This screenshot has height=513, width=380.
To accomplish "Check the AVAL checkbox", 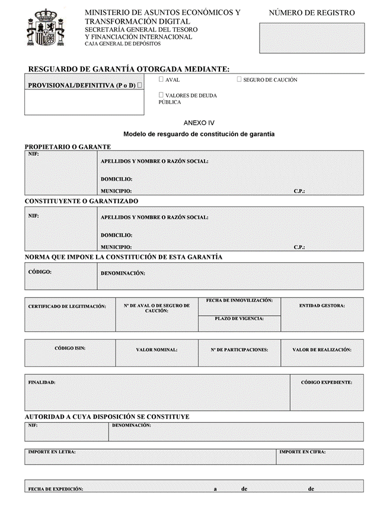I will pos(161,79).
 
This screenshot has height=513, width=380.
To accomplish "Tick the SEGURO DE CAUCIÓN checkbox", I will pos(239,79).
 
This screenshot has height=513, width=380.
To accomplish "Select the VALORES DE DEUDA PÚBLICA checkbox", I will pos(161,95).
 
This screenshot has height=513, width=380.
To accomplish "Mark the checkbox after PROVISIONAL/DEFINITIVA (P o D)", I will pos(139,85).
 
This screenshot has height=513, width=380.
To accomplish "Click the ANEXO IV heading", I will pos(199,123).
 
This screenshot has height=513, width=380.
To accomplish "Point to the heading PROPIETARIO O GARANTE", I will pos(68,146).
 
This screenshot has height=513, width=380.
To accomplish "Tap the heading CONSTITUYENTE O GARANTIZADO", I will pos(81,201).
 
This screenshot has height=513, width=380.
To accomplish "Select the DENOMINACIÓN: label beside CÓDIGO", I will pos(123,273).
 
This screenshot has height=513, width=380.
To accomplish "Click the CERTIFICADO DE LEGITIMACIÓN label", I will pos(67,306).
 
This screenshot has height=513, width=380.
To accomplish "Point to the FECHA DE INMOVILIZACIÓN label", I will pos(239,301).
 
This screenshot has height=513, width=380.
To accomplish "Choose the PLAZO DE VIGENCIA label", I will pos(239,319).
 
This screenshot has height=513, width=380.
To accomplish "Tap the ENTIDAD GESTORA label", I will pos(322,306).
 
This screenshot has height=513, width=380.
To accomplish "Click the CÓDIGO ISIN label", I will pos(70,348).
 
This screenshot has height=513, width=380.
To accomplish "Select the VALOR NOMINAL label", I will pos(157,350).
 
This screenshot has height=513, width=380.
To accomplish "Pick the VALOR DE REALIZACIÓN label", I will pos(322,350).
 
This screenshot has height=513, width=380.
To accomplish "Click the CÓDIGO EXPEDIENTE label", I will pos(326,383).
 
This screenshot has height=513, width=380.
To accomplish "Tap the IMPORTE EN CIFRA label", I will pos(302,452).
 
